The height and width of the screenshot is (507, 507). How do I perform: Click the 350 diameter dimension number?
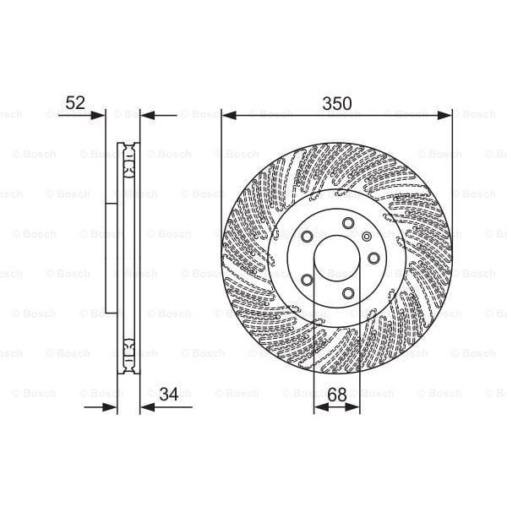coord(336,103)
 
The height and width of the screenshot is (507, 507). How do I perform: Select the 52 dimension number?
coord(76,103)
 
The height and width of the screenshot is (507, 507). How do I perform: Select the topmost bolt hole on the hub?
coord(347,223)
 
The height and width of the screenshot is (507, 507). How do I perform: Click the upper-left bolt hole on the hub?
coord(308,235)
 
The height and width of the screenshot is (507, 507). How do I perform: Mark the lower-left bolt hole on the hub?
coord(307,280)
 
